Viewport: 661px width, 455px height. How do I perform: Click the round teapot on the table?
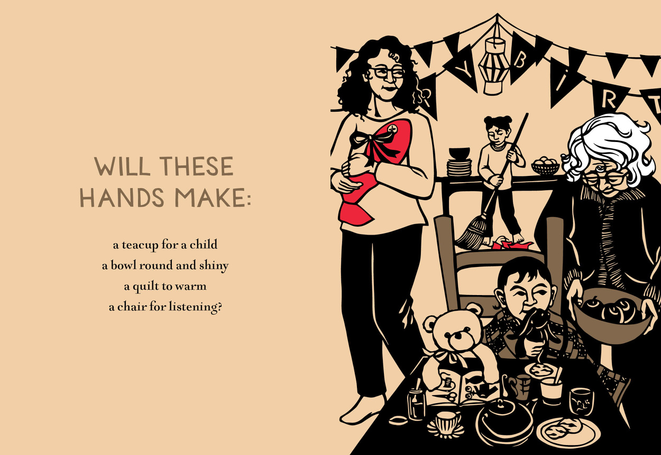(505, 423)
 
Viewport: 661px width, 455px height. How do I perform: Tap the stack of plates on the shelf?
(460, 167)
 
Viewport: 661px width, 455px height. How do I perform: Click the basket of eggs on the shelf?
(545, 166)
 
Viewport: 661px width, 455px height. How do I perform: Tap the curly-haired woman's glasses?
(387, 73)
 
